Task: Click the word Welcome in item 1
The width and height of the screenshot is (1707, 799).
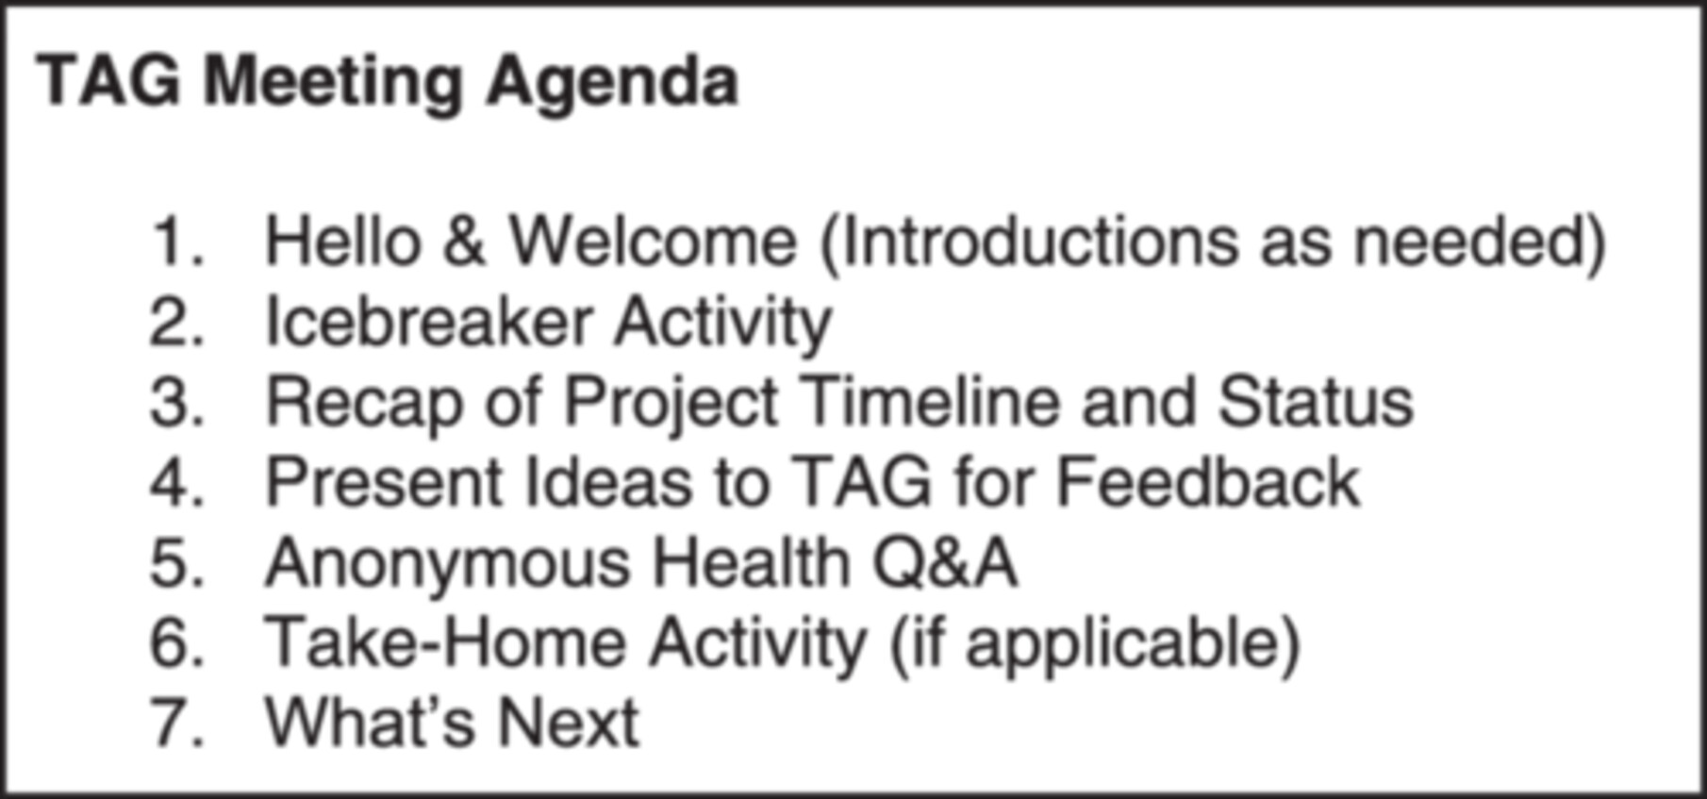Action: point(654,241)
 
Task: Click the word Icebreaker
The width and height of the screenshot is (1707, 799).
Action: point(429,322)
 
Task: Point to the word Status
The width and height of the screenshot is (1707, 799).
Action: point(1316,402)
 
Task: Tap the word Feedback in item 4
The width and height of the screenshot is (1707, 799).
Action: point(1207,482)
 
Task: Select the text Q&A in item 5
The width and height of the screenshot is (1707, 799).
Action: point(944,563)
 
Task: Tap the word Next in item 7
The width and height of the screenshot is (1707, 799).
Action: point(569,723)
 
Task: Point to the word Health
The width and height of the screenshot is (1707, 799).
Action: point(751,562)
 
